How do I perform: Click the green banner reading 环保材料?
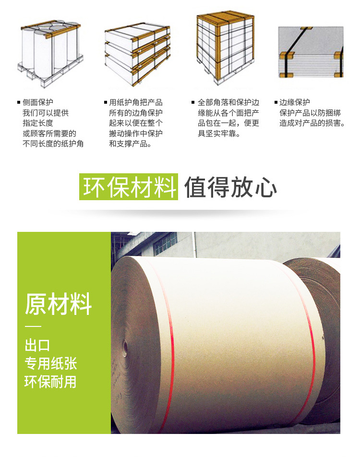click(x=129, y=187)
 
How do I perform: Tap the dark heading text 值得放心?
click(x=230, y=187)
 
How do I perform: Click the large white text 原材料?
click(x=58, y=304)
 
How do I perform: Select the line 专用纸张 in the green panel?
click(x=51, y=363)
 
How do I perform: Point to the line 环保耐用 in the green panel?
click(x=50, y=382)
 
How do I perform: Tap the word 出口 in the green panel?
click(x=37, y=346)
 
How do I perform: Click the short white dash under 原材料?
click(x=33, y=326)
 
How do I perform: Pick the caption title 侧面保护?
click(x=38, y=102)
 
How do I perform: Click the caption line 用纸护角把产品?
click(x=136, y=102)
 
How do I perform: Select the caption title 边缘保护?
click(x=295, y=102)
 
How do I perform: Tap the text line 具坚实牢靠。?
click(x=219, y=133)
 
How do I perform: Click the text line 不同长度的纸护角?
click(x=53, y=144)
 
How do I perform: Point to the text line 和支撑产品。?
click(x=130, y=144)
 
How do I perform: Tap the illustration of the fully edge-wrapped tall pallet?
click(x=225, y=48)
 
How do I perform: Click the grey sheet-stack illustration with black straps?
click(x=311, y=52)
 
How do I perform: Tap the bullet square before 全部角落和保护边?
click(x=193, y=102)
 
